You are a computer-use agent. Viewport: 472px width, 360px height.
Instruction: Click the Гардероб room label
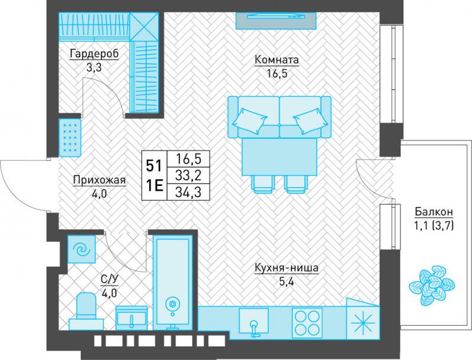[x=94, y=54]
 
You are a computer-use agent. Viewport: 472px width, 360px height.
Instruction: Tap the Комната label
[x=277, y=60]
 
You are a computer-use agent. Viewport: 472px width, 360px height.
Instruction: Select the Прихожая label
[x=99, y=181]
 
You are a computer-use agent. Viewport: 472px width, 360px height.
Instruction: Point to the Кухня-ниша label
[x=286, y=267]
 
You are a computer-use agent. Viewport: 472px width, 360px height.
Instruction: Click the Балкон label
[x=434, y=212]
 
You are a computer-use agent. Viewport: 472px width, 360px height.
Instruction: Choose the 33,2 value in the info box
[x=188, y=175]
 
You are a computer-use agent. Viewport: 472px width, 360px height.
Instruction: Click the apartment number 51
[x=154, y=166]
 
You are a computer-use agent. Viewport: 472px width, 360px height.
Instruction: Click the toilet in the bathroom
[x=87, y=311]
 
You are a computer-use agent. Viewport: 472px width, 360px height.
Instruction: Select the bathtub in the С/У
[x=172, y=282]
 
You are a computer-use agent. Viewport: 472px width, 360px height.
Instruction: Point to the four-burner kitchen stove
[x=307, y=323]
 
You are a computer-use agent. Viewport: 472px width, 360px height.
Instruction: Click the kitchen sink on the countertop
[x=254, y=321]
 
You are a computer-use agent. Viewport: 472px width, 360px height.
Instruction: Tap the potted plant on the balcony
[x=432, y=286]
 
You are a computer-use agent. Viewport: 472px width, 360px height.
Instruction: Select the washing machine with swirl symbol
[x=81, y=249]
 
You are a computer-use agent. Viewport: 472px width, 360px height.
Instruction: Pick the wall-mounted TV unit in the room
[x=276, y=21]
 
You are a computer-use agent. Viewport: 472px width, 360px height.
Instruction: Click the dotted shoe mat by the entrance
[x=70, y=138]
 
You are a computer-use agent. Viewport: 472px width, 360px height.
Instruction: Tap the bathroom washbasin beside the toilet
[x=132, y=318]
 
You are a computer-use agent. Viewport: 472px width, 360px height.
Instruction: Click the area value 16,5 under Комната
[x=277, y=73]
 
